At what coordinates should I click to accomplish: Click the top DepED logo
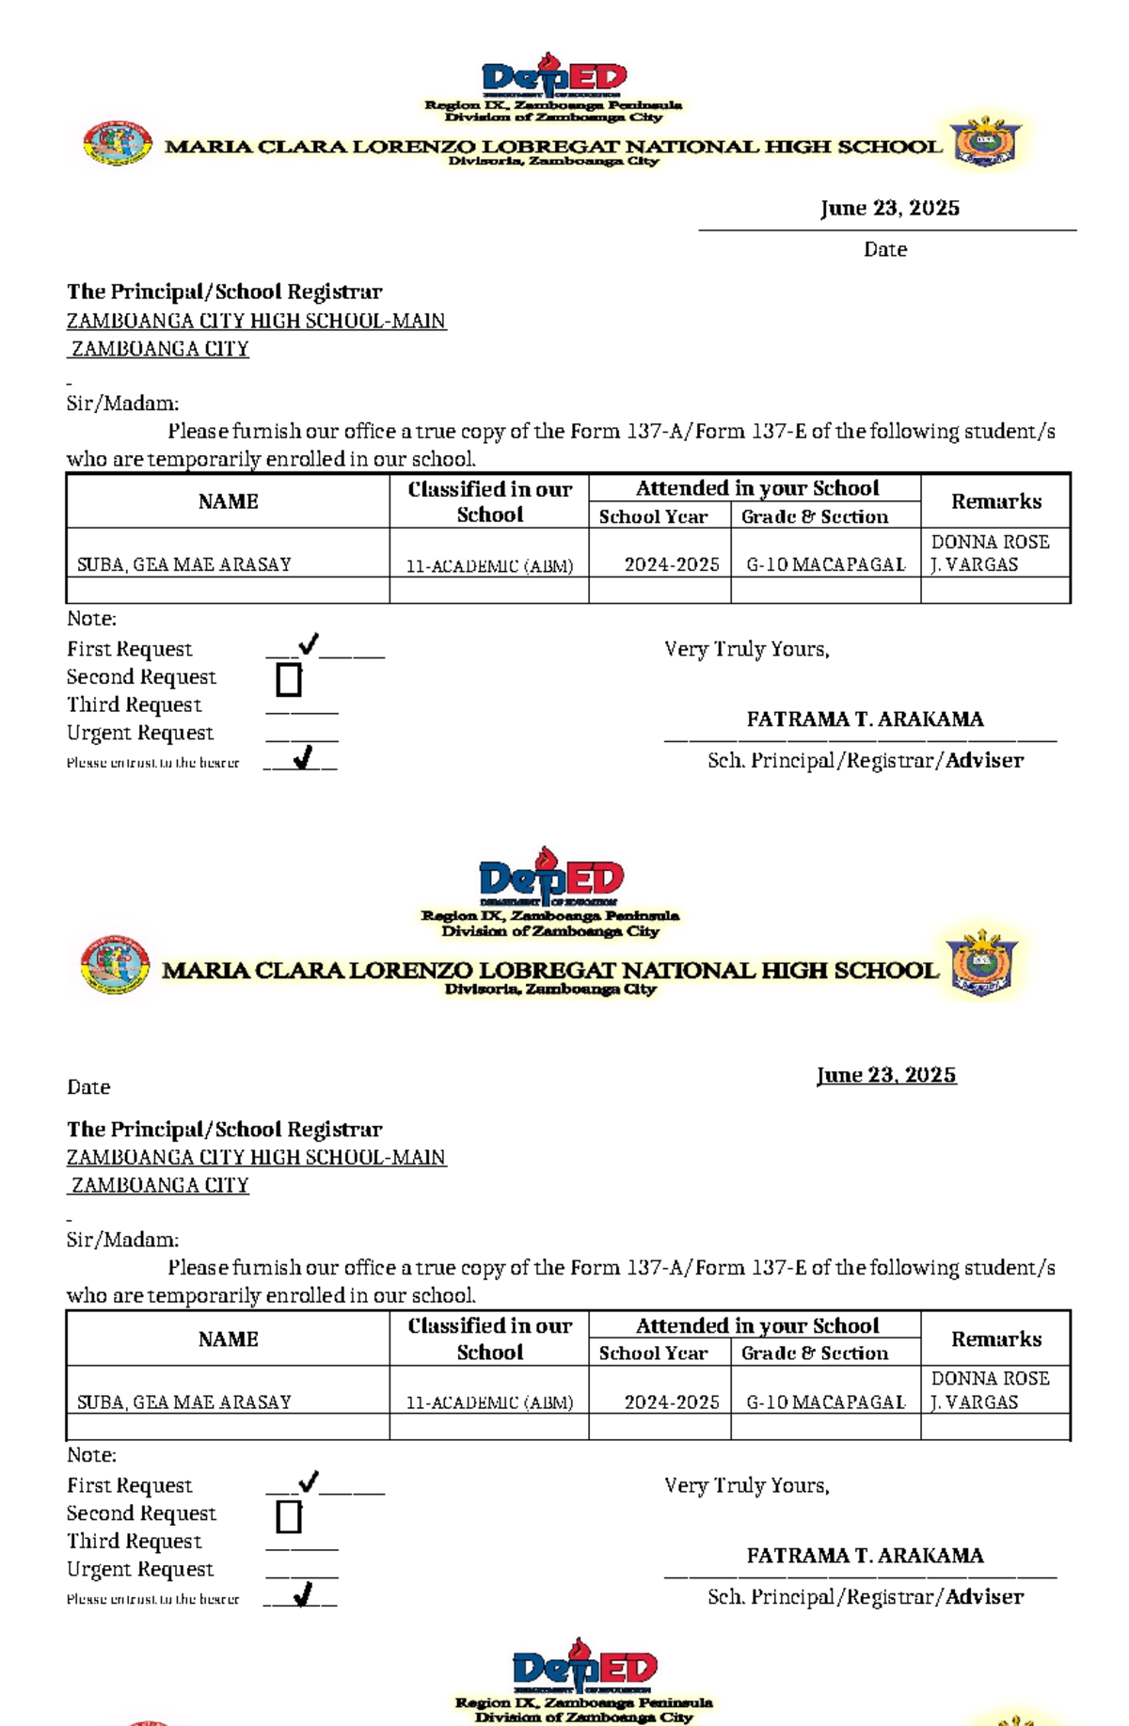(553, 75)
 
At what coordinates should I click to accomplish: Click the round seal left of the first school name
(117, 144)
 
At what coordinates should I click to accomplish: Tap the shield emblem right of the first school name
(985, 142)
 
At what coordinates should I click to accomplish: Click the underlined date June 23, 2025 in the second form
(886, 1075)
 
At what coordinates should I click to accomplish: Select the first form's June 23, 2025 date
(889, 208)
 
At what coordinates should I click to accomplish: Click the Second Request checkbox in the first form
(289, 679)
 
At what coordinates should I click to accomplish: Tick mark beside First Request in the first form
(308, 644)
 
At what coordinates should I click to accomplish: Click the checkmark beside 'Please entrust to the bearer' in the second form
(302, 1594)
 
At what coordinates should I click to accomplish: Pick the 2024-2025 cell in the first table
(671, 564)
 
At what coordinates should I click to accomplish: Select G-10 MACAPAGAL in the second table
(825, 1401)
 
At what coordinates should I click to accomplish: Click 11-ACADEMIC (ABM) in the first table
(489, 565)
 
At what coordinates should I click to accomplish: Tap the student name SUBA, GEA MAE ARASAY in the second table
(183, 1401)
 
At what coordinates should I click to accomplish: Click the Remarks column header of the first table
(995, 501)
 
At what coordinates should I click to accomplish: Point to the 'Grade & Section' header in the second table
(814, 1353)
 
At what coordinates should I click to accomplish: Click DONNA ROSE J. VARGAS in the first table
(989, 553)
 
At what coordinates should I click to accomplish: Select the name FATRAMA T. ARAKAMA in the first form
(865, 719)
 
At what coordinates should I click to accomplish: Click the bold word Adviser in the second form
(984, 1596)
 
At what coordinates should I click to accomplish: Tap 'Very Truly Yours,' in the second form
(746, 1485)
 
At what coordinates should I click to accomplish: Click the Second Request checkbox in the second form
(289, 1516)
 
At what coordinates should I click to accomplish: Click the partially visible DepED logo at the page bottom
(583, 1668)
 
